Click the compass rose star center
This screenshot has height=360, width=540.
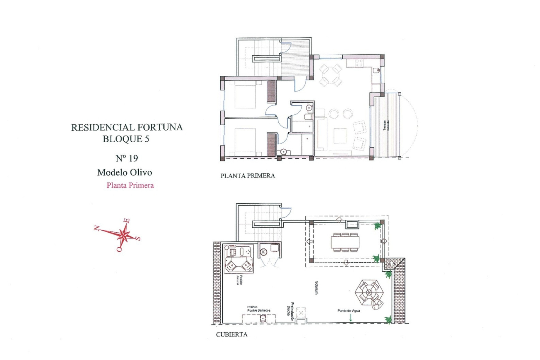click(123, 235)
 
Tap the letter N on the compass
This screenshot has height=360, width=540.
click(97, 228)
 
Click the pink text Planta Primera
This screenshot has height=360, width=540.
click(130, 185)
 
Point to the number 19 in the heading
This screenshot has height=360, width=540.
click(133, 158)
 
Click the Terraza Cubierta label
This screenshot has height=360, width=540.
click(386, 126)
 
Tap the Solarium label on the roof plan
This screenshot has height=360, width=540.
click(317, 288)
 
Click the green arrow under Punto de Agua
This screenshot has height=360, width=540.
click(350, 318)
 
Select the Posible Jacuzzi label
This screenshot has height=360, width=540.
click(240, 280)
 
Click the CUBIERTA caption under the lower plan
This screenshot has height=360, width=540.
click(232, 334)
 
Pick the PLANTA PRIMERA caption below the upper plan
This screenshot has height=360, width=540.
click(247, 176)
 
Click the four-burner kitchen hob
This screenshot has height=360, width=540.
click(359, 63)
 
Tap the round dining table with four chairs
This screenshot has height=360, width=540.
click(330, 75)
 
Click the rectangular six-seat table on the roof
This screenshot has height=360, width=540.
click(345, 242)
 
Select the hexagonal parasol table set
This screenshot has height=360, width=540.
click(369, 292)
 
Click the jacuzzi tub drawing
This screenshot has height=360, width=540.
click(239, 259)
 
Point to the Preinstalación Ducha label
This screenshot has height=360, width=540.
click(290, 312)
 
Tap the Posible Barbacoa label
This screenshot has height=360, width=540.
click(258, 309)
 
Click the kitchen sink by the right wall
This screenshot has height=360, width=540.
click(376, 71)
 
